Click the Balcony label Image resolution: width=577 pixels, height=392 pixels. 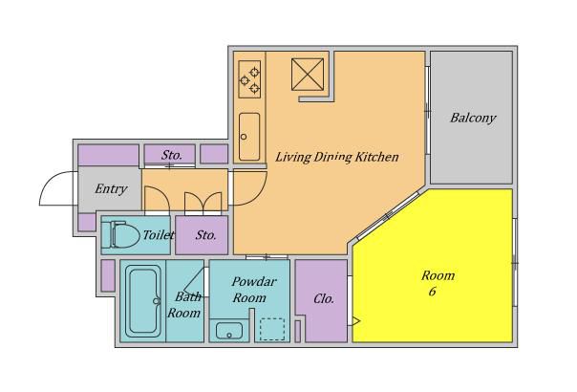pyautogui.click(x=473, y=118)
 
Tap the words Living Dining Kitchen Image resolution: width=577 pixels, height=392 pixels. pyautogui.click(x=337, y=157)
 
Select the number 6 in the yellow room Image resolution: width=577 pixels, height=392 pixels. pyautogui.click(x=433, y=292)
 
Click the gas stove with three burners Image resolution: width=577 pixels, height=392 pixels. pyautogui.click(x=249, y=79)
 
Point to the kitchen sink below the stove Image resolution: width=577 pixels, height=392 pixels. pyautogui.click(x=249, y=137)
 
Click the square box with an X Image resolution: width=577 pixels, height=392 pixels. pyautogui.click(x=308, y=74)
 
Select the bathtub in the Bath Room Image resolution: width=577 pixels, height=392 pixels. pyautogui.click(x=143, y=301)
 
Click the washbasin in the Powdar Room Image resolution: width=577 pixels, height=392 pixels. pyautogui.click(x=229, y=331)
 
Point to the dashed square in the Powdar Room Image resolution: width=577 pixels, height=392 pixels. pyautogui.click(x=272, y=329)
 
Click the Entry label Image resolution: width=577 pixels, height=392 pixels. pyautogui.click(x=111, y=188)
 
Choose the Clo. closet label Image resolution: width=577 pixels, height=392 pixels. pyautogui.click(x=324, y=298)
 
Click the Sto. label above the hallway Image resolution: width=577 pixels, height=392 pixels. pyautogui.click(x=172, y=155)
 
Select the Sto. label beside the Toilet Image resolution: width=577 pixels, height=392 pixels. pyautogui.click(x=205, y=235)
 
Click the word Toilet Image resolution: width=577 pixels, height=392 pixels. pyautogui.click(x=159, y=234)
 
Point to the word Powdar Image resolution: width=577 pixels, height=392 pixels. pyautogui.click(x=254, y=282)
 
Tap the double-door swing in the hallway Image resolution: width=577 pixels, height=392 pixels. pyautogui.click(x=203, y=203)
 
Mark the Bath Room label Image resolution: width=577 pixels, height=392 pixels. pyautogui.click(x=184, y=305)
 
